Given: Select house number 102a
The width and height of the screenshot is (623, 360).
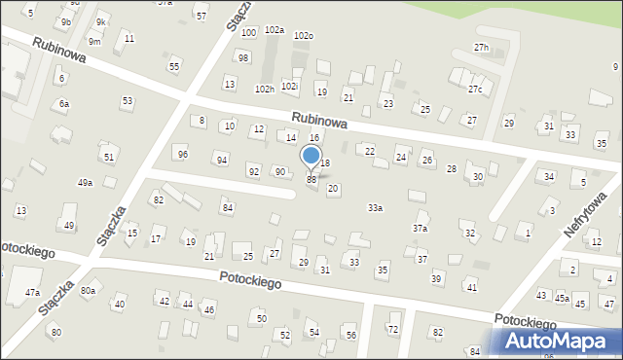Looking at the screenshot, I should point(275,30).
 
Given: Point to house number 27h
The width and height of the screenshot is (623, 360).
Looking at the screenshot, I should point(481,47).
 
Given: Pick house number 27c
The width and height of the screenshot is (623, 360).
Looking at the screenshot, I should point(474,90).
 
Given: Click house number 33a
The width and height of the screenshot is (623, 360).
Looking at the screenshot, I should point(375,207).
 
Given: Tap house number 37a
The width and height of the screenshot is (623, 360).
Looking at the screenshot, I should point(420,228).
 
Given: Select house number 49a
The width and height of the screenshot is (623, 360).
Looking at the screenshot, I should point(86,183).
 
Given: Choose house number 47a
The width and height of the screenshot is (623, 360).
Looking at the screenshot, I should point(32,292).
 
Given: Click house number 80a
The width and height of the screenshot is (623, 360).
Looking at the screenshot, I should point(89,290).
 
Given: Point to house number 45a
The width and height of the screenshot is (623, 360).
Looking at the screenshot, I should point(562,298).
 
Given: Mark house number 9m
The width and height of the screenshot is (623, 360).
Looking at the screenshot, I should point(94,42).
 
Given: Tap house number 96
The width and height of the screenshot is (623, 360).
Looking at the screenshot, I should point(182,154).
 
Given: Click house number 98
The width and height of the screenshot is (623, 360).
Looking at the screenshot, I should point(243,58).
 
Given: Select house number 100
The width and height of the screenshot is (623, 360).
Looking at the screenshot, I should point(248,33).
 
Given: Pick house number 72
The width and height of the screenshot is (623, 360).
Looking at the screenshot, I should point(393,329).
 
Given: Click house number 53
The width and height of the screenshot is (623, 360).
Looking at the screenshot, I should point(128,101).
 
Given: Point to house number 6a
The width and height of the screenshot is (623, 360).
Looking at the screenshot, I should point(64,103).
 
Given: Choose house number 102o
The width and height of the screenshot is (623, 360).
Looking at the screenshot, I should point(304,36).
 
